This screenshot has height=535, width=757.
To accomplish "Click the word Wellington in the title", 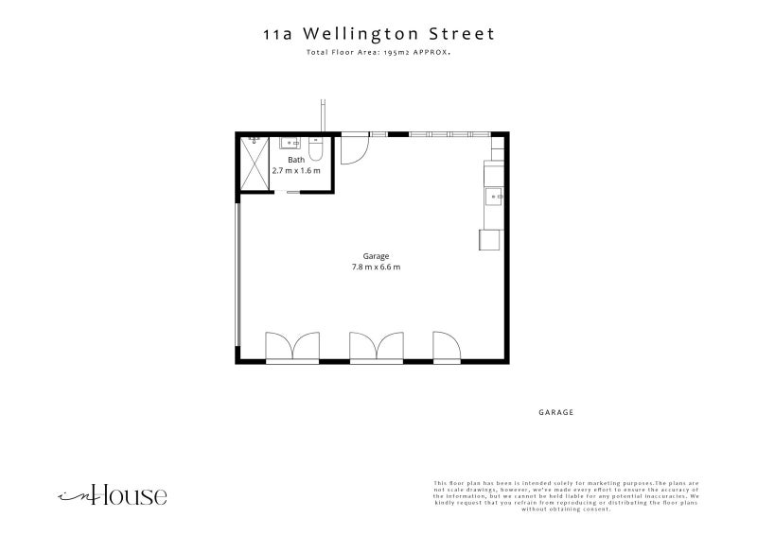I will (364, 34).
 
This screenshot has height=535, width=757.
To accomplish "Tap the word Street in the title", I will (461, 34).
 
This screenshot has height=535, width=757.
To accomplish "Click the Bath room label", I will (296, 161).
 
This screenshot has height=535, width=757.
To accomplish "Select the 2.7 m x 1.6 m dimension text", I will (296, 171).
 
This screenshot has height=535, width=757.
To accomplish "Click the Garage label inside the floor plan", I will (377, 256).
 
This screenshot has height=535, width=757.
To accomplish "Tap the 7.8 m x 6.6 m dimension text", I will (377, 267).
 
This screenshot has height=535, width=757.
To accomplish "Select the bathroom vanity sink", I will (289, 144).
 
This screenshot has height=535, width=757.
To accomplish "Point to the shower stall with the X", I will (255, 163).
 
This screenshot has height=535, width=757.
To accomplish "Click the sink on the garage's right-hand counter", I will (494, 197).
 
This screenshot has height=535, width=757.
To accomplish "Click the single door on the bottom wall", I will (446, 347).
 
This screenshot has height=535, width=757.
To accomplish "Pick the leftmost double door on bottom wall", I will (292, 347).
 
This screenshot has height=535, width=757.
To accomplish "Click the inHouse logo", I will (113, 494).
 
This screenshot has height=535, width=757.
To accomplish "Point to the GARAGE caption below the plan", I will (556, 413).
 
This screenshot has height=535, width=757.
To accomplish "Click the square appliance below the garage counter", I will (488, 239).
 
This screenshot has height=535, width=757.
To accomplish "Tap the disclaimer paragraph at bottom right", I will (566, 495).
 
